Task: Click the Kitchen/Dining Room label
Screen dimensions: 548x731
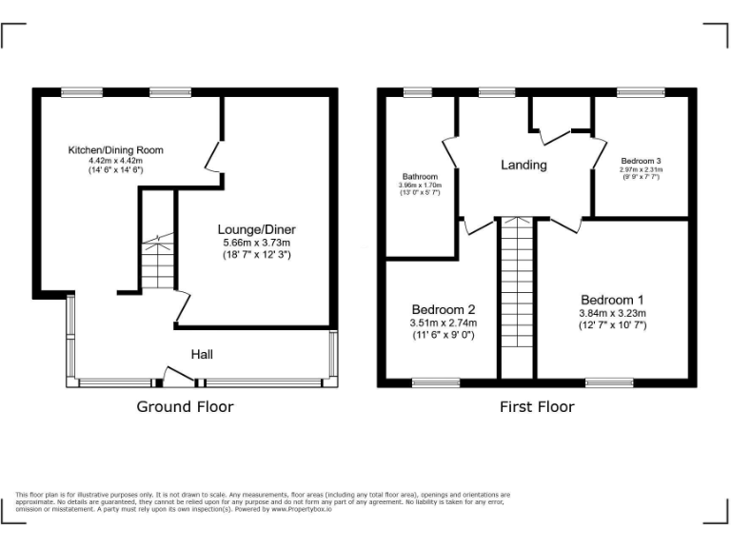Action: point(115,150)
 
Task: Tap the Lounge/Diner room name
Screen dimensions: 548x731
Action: point(256,229)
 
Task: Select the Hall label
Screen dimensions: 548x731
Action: point(202,355)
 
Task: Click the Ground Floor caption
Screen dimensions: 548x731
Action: point(185,407)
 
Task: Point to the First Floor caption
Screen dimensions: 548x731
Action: point(537,407)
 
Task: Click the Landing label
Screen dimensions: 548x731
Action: point(524,166)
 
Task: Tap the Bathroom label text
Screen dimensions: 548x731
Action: point(420,177)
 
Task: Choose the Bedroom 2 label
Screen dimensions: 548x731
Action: point(443,310)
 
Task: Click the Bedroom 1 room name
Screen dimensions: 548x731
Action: point(613,299)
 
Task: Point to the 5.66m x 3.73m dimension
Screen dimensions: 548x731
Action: point(256,243)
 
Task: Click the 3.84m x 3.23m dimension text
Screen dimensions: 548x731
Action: point(613,313)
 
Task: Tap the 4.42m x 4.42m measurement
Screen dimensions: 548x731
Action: point(115,161)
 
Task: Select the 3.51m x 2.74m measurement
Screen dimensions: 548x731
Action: point(443,323)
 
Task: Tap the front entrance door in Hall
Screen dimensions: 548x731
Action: point(177,380)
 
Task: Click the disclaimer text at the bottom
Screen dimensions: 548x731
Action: point(263,502)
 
